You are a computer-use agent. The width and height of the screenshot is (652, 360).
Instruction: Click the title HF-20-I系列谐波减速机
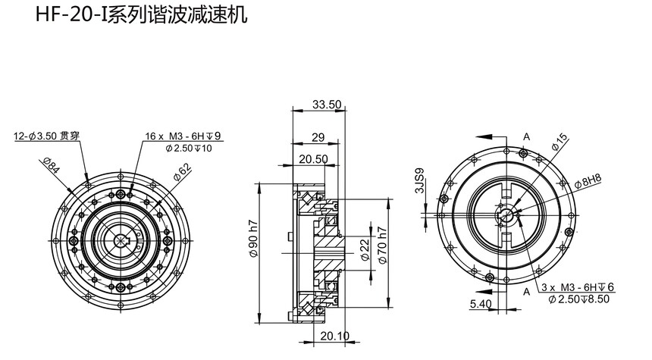141,14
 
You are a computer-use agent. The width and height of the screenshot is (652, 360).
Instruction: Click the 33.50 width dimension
327,105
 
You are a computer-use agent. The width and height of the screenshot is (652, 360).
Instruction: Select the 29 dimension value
318,137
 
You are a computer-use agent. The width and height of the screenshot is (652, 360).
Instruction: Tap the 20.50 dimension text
313,159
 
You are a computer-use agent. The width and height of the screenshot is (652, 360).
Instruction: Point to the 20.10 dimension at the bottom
335,336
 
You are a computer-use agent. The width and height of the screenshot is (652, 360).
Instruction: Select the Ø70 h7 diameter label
383,246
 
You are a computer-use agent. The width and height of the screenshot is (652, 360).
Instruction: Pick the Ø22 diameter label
365,250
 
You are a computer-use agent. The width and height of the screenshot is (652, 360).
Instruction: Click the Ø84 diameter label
52,165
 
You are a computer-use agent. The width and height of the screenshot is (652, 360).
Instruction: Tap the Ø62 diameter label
182,172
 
